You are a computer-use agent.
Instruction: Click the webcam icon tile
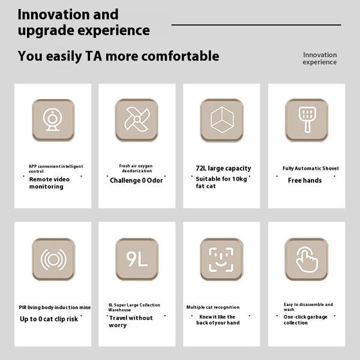coord(53,120)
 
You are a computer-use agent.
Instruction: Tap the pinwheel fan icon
coord(137,119)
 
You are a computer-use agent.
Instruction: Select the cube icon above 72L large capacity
coord(222,120)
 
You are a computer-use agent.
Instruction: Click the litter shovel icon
coord(307,120)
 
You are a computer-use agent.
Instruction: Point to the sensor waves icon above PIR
coord(53,259)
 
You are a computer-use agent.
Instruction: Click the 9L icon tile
coord(137,259)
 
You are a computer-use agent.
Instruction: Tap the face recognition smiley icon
coord(221,259)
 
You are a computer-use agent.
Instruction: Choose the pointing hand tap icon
coord(307,259)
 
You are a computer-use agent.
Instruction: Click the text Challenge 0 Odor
coord(136,181)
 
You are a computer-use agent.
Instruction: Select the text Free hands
coord(305,181)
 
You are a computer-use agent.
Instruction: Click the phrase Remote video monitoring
coord(49,183)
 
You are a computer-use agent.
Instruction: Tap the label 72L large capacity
coord(223,168)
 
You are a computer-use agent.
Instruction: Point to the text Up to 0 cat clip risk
coord(49,319)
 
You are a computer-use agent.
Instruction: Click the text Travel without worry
coord(131,322)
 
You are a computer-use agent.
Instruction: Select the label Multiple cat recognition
coord(213,307)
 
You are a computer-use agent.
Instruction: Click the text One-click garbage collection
coord(305,320)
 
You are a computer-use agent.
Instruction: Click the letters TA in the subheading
coord(94,56)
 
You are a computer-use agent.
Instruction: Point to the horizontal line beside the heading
coord(256,25)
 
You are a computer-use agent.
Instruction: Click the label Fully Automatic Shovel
coord(311,168)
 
